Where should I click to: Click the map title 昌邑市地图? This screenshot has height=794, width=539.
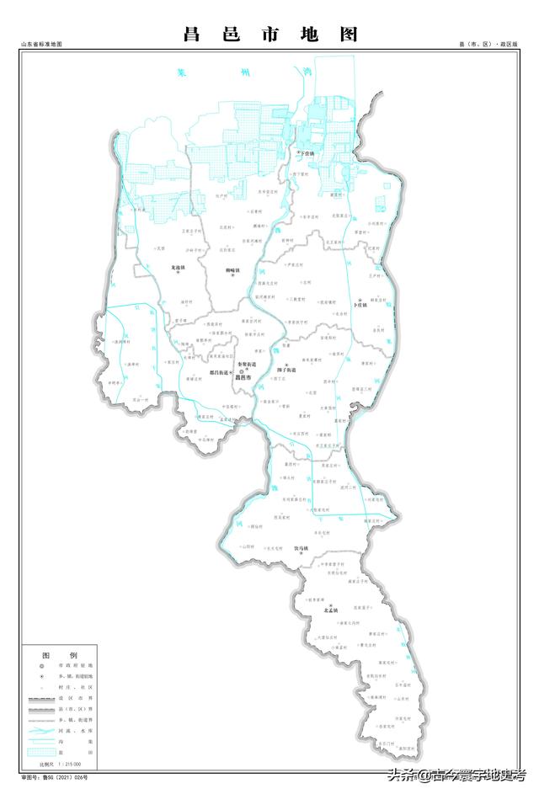click(270, 35)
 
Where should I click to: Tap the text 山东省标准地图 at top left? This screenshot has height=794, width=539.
click(42, 44)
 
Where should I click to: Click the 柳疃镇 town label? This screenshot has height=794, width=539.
click(233, 270)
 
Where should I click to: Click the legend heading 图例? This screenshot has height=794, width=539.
click(60, 654)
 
